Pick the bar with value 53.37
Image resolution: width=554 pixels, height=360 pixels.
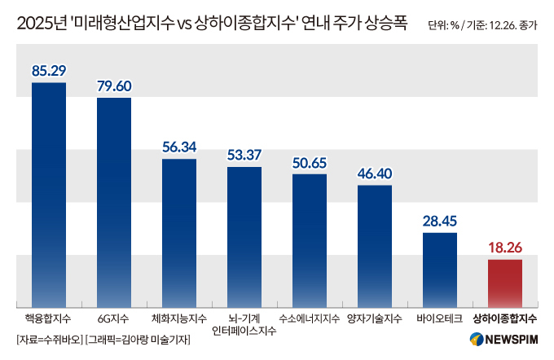[244, 235]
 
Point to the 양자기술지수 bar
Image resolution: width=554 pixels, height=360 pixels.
[374, 244]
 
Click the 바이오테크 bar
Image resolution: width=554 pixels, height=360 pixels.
[439, 267]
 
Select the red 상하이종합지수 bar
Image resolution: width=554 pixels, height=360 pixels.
[504, 281]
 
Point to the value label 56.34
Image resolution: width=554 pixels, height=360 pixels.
[178, 147]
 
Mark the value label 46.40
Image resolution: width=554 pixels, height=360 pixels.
[374, 173]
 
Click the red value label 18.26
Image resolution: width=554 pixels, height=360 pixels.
[504, 248]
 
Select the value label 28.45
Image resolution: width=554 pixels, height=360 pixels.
[439, 221]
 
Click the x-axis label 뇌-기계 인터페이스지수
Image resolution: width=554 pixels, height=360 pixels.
[244, 324]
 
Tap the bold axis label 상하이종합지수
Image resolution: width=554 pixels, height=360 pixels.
[504, 318]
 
